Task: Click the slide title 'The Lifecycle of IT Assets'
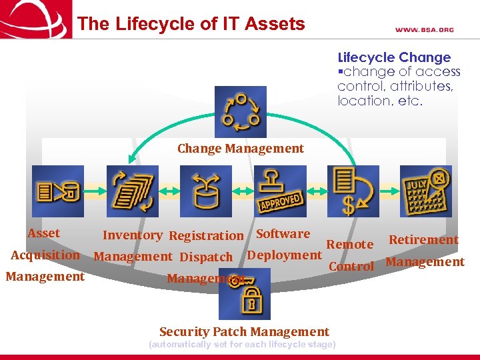191,25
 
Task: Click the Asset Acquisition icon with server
58,191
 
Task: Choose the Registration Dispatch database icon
205,191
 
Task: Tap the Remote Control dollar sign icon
353,191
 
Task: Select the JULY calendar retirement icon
425,191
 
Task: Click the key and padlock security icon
245,294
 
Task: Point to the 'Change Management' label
240,149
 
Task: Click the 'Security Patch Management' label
244,331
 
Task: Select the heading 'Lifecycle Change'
394,57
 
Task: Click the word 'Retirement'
423,239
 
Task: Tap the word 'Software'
283,233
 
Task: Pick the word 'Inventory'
132,235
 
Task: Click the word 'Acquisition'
45,255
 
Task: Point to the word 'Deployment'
284,255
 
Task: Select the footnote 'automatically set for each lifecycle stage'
242,345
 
